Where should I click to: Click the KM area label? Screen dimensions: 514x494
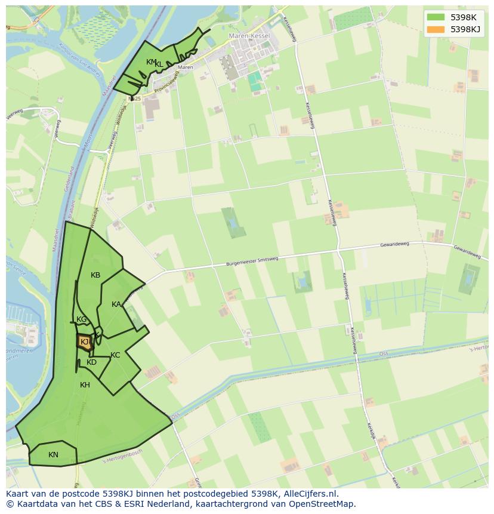(151, 62)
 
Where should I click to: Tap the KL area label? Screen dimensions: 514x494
(159, 64)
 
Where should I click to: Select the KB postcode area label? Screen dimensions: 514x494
(95, 275)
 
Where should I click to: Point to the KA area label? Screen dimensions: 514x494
(116, 304)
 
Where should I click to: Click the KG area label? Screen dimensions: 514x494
(82, 319)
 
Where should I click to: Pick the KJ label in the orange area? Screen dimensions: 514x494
(85, 342)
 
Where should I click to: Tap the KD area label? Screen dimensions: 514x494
(91, 362)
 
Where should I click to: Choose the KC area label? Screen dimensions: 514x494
(115, 355)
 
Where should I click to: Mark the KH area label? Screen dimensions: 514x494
(85, 385)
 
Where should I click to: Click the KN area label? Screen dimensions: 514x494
(53, 455)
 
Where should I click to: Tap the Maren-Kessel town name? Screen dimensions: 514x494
(249, 36)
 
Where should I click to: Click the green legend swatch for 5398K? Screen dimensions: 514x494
(436, 17)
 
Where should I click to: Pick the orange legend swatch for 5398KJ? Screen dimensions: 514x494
(436, 29)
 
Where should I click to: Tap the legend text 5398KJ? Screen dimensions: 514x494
(465, 29)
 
